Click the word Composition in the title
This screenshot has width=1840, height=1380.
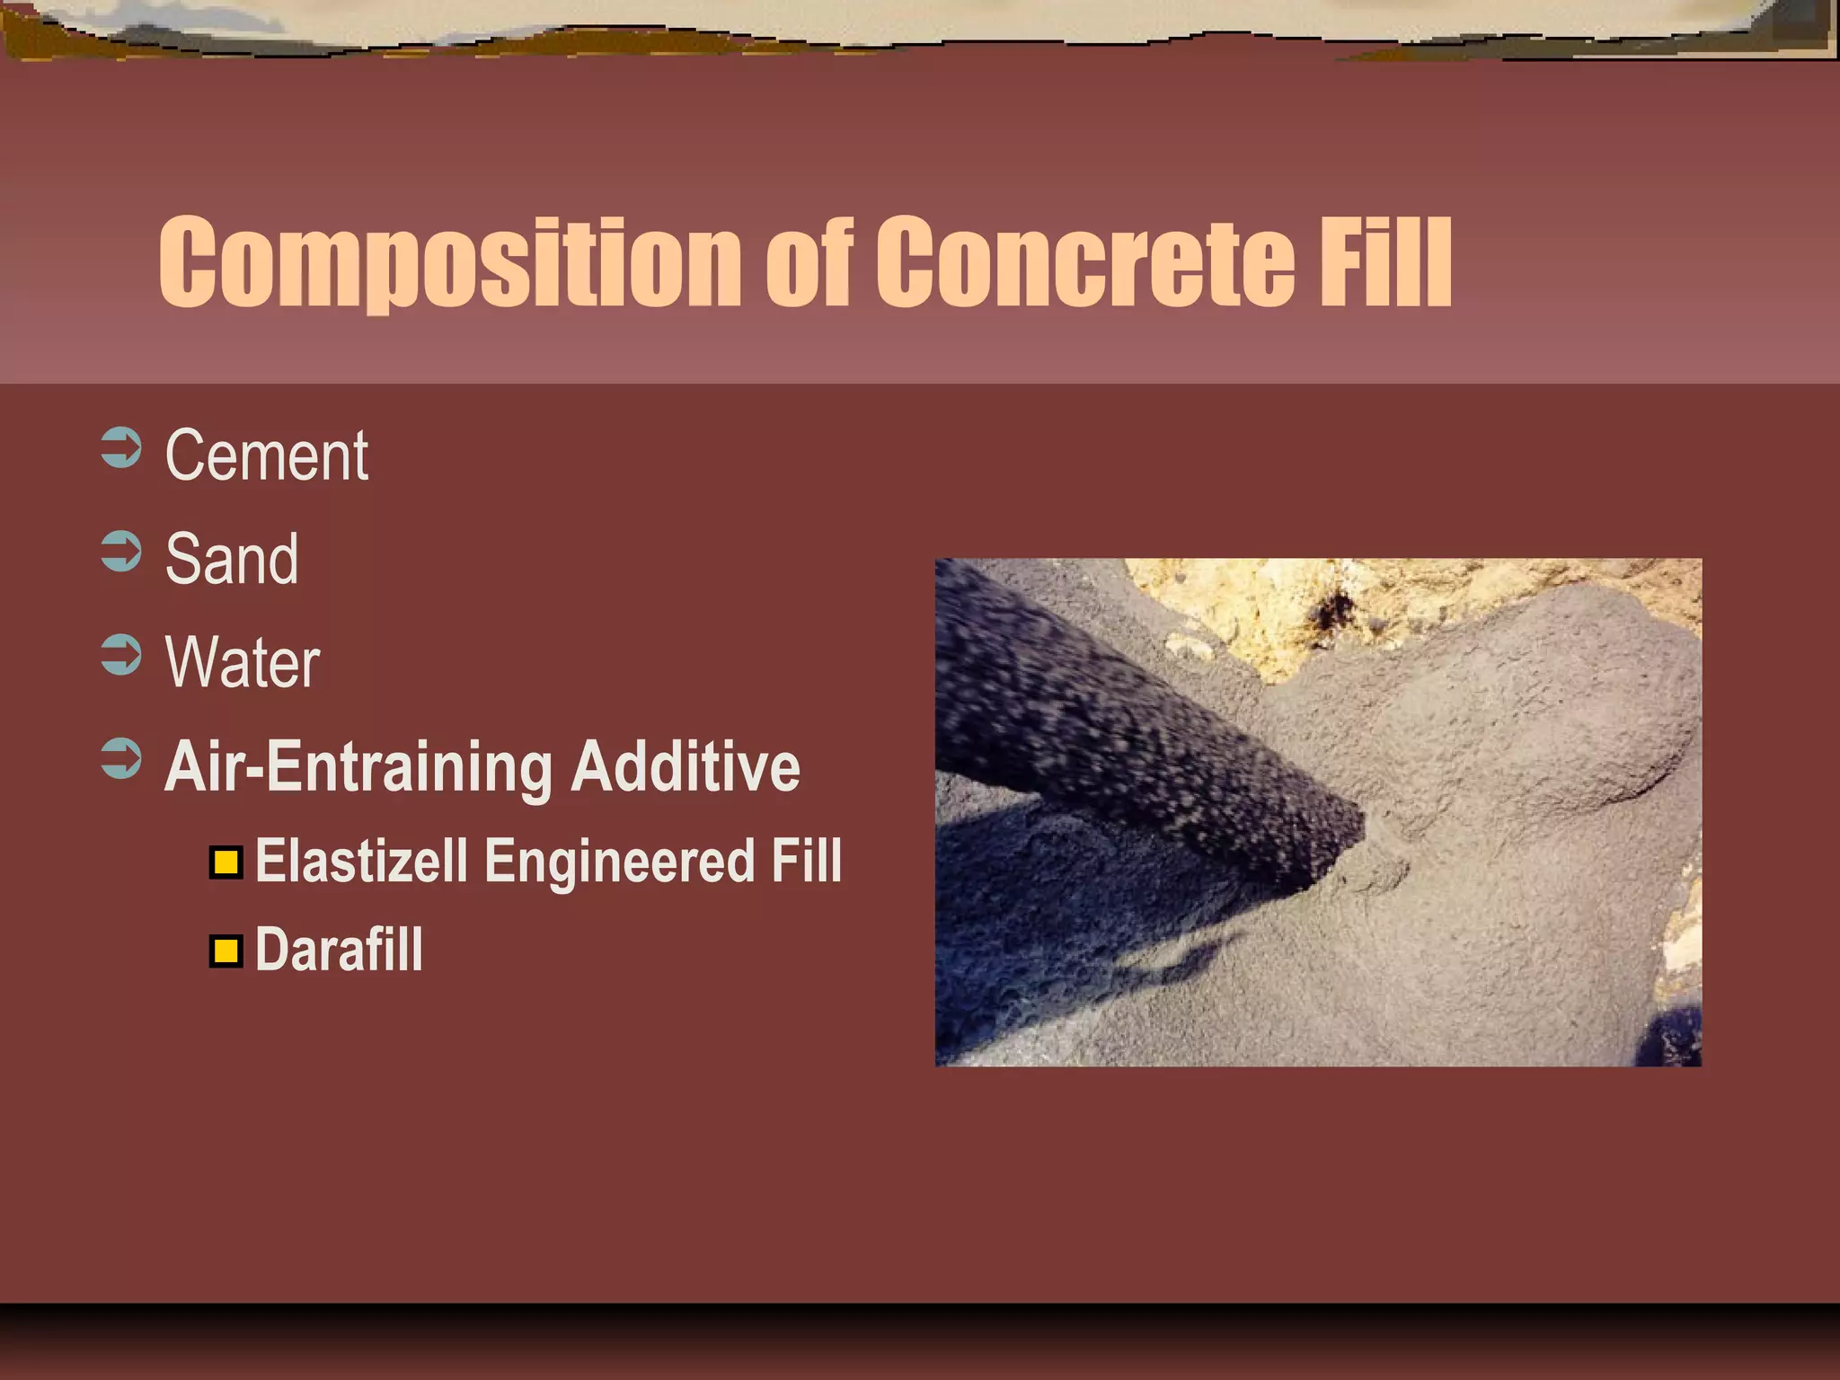tap(449, 262)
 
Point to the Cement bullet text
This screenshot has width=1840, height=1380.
tap(267, 456)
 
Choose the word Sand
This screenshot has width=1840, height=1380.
tap(232, 559)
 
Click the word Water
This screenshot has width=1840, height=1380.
tap(243, 663)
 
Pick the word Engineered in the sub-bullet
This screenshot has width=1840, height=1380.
tap(620, 861)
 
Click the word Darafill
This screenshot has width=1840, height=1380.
tap(339, 950)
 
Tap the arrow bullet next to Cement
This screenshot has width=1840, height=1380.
tap(121, 448)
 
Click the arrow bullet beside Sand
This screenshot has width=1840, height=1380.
tap(121, 552)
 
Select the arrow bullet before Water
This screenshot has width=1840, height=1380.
tap(121, 655)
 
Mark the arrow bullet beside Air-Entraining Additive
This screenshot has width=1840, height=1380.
tap(121, 758)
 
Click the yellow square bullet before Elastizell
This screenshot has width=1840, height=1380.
tap(226, 862)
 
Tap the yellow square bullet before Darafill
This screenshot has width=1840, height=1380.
tap(226, 951)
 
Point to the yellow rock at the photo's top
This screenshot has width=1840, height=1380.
tap(1303, 611)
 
